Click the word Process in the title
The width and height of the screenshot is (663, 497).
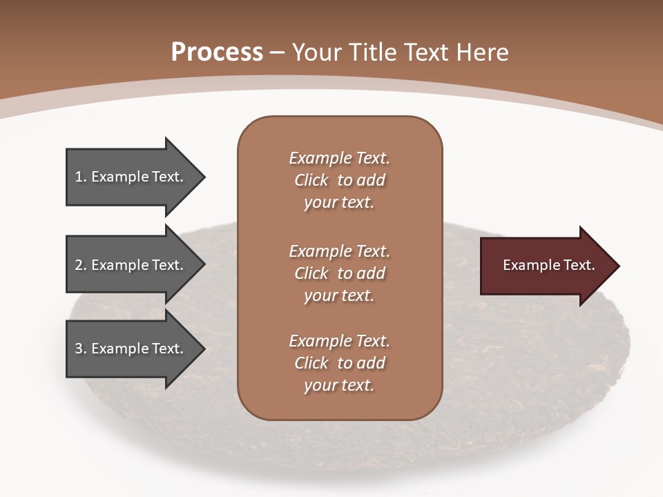coord(217,52)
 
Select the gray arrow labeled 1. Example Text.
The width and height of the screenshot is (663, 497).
coord(131,177)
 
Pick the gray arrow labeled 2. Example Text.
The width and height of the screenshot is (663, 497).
coord(131,265)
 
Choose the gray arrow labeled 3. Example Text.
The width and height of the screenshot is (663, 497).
coord(131,349)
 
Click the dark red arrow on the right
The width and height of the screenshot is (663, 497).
coord(546,266)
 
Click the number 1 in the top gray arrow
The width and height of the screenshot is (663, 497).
coord(79,177)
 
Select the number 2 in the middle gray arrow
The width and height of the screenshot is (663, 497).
coord(79,265)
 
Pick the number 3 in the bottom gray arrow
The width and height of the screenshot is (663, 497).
coord(79,349)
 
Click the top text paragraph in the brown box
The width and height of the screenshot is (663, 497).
coord(339,180)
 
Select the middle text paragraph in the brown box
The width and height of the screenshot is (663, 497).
coord(339,273)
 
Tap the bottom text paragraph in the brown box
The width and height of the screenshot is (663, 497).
coord(339,363)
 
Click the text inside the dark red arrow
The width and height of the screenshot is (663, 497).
coord(548,265)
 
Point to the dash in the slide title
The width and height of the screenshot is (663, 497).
coord(278,53)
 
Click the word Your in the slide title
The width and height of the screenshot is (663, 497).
coord(319,52)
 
